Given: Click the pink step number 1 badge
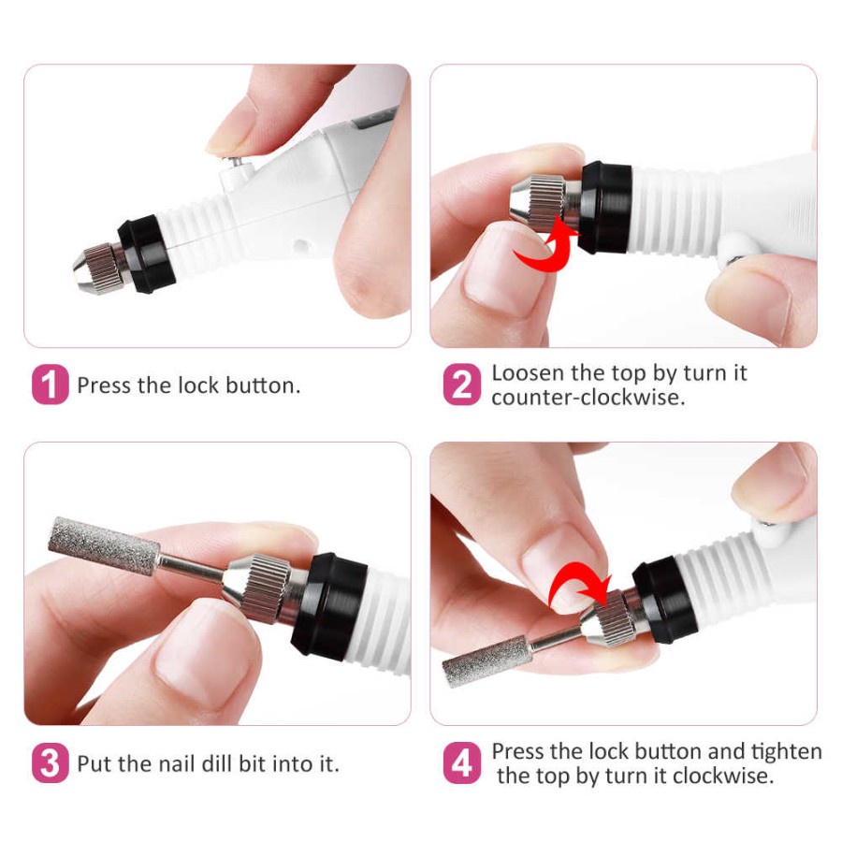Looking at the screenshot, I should pyautogui.click(x=51, y=385).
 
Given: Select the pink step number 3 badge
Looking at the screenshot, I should pyautogui.click(x=51, y=763).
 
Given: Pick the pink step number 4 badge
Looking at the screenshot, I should pyautogui.click(x=461, y=763).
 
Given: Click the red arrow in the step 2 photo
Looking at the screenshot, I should pyautogui.click(x=547, y=240).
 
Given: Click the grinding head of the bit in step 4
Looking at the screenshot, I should pyautogui.click(x=486, y=661).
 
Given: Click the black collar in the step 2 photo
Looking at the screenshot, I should pyautogui.click(x=603, y=208).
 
